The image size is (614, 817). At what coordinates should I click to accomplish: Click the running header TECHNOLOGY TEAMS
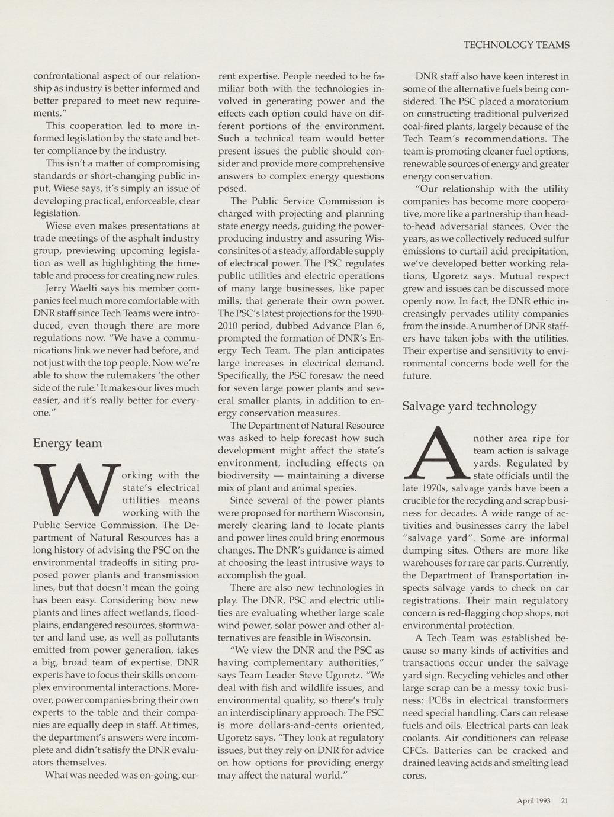(516, 45)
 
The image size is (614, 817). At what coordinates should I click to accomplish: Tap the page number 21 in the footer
(564, 801)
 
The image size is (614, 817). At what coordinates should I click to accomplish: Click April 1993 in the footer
(533, 801)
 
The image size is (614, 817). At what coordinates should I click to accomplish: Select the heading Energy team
(67, 443)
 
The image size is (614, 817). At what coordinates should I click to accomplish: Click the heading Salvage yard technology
(469, 406)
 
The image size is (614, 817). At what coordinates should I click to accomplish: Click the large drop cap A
(436, 454)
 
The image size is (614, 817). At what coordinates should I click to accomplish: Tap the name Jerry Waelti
(71, 288)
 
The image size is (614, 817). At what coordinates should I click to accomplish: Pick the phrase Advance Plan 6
(342, 326)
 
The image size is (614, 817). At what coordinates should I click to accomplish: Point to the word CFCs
(414, 750)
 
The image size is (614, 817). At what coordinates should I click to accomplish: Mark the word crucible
(421, 500)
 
